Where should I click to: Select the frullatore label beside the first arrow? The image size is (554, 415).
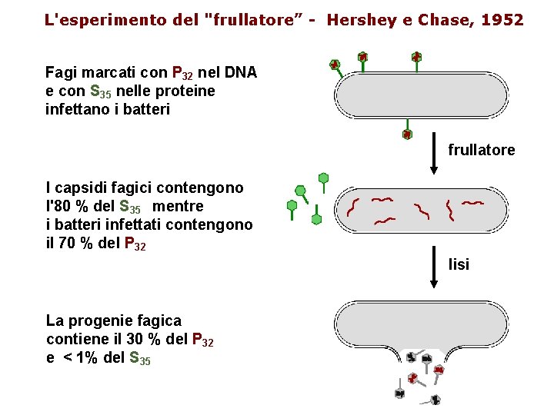point(482,150)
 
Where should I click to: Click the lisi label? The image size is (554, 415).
point(459,264)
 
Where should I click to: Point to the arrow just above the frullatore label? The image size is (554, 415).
point(434,141)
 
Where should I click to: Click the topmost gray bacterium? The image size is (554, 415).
point(421,96)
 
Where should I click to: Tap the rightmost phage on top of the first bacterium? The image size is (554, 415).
point(416,58)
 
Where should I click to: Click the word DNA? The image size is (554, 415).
point(240,73)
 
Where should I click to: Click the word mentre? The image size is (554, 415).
point(179,206)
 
